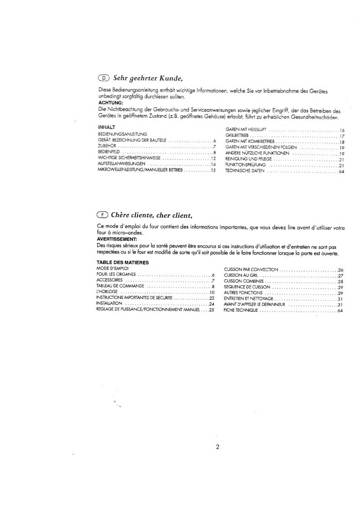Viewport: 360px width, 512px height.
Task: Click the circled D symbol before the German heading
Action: pos(103,78)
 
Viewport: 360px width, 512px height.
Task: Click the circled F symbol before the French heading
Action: pos(102,215)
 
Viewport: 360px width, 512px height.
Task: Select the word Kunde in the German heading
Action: pos(171,78)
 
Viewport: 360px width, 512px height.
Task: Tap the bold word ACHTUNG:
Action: pos(111,103)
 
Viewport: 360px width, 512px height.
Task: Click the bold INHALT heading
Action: pos(106,127)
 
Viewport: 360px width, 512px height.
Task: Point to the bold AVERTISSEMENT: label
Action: pos(117,239)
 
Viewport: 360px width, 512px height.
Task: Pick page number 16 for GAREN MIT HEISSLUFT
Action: pos(342,130)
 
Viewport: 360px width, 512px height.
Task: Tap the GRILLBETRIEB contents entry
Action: pos(237,136)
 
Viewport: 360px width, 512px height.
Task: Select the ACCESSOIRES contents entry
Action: pos(110,280)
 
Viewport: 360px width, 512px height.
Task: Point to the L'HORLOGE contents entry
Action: pos(107,292)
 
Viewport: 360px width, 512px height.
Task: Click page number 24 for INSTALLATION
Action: pos(212,304)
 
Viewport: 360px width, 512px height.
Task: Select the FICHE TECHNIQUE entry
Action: pos(241,310)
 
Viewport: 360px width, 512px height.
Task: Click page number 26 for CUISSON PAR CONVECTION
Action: pos(340,270)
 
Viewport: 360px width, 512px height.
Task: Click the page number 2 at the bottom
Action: pos(218,447)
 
